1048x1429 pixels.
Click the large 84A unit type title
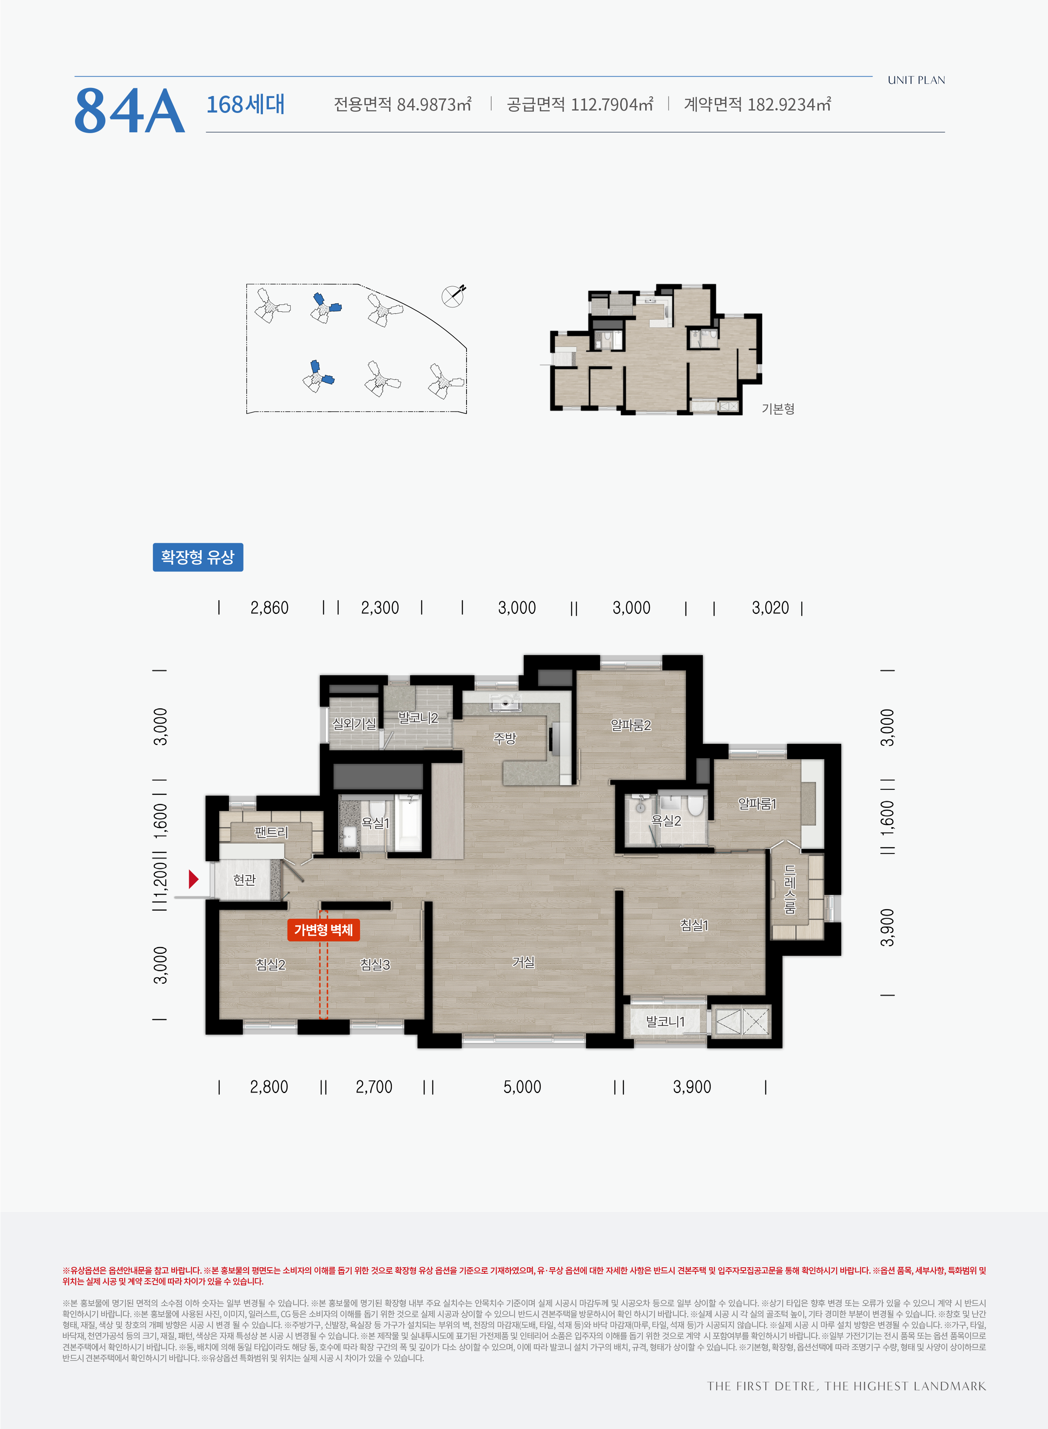[129, 111]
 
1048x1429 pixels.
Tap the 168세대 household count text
[246, 104]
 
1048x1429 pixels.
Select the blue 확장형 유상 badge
[198, 557]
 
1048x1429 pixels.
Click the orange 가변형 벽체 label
[323, 930]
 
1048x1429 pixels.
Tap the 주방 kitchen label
[505, 738]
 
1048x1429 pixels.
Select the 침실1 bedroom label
[694, 925]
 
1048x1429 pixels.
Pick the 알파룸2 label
[631, 725]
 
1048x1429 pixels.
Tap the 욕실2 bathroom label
[666, 820]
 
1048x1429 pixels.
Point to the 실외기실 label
[354, 724]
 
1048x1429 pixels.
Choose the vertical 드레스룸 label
[790, 889]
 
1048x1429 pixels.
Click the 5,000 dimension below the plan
[522, 1087]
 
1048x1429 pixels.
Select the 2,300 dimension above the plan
[380, 608]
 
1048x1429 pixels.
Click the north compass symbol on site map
[453, 296]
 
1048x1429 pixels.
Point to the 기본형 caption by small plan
[778, 409]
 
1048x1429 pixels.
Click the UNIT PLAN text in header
[916, 80]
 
